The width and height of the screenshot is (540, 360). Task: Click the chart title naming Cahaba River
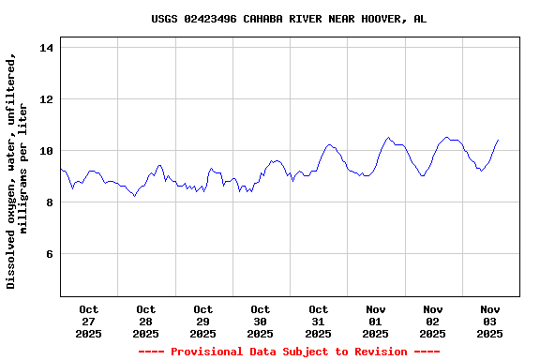click(289, 19)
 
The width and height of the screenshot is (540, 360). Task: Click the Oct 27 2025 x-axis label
click(89, 322)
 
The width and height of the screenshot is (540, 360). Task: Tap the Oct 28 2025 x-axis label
click(146, 322)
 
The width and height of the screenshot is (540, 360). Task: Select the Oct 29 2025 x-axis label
click(203, 322)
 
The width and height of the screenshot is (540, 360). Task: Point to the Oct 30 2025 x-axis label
click(261, 322)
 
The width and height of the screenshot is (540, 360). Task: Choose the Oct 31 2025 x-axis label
click(319, 322)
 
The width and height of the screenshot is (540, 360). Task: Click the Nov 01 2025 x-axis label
click(376, 322)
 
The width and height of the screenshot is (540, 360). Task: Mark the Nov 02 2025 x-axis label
click(433, 322)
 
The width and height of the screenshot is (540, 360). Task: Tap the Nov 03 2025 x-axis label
click(490, 322)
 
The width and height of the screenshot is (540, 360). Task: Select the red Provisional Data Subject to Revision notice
click(289, 352)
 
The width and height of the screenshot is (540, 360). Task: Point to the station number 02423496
click(210, 19)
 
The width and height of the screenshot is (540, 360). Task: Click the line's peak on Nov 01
click(389, 138)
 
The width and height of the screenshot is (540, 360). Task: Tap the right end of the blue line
click(498, 140)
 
